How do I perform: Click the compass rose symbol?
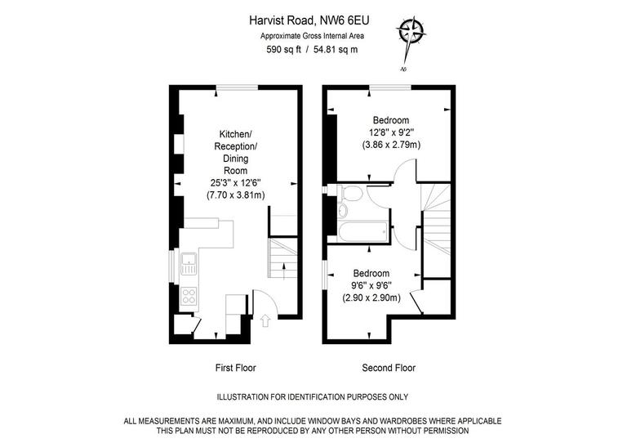tap(411, 34)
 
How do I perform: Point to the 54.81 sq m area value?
tap(336, 49)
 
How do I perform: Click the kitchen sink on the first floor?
tap(189, 264)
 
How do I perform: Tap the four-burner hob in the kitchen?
tap(189, 296)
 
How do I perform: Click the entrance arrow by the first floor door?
tap(265, 321)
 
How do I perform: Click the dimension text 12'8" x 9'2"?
tap(391, 132)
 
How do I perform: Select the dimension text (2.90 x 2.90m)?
tap(371, 298)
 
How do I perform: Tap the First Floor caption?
tap(235, 368)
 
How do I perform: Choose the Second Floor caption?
tap(389, 368)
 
